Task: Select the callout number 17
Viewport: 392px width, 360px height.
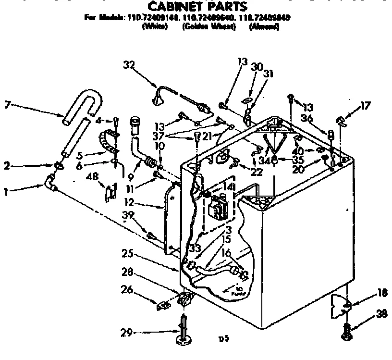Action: [367, 106]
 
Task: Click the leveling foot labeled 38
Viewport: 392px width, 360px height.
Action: [346, 333]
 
